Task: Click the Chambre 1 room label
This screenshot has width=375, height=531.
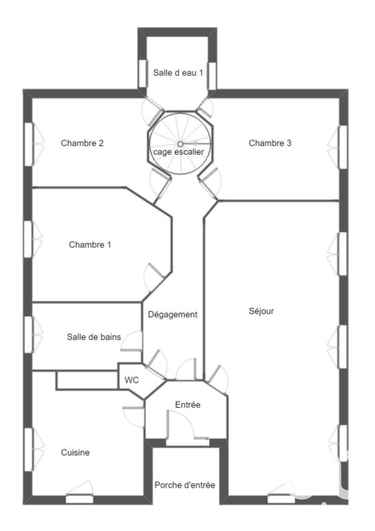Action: click(x=90, y=244)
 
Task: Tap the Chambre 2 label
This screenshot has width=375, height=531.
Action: click(x=82, y=143)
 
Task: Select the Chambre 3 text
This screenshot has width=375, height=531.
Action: click(x=270, y=143)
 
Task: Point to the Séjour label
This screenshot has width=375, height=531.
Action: click(x=261, y=311)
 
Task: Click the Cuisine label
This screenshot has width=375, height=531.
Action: click(x=75, y=453)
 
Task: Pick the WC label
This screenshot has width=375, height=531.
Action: click(x=132, y=380)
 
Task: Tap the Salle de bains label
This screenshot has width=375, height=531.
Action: click(x=94, y=337)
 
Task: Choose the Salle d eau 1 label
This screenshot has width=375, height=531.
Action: click(x=178, y=72)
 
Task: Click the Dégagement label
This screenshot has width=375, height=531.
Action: click(x=173, y=315)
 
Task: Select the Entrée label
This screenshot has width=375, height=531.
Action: click(x=187, y=405)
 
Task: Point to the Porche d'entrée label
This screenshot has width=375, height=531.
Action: click(x=185, y=485)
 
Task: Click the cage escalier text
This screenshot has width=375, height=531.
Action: click(x=179, y=152)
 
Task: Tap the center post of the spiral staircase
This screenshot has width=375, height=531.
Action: click(x=180, y=143)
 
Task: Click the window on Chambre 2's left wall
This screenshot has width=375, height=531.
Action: click(x=29, y=143)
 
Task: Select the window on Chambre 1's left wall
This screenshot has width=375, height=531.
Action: click(x=29, y=238)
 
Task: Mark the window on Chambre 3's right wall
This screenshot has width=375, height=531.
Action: click(x=342, y=145)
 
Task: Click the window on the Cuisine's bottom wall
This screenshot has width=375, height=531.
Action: click(x=79, y=498)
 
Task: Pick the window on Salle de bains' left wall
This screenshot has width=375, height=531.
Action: click(x=29, y=330)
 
